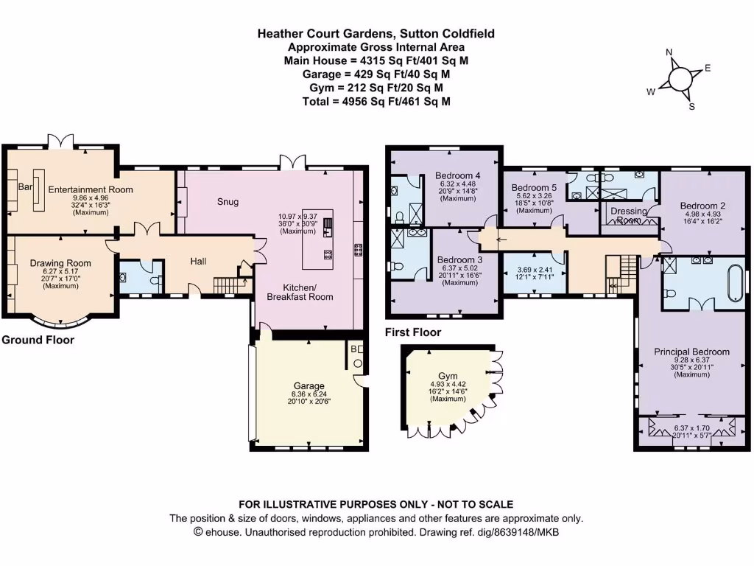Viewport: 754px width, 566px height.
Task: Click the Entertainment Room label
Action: [91, 189]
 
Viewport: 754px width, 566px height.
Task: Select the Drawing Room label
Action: [60, 263]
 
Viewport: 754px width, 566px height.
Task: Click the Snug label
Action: [228, 201]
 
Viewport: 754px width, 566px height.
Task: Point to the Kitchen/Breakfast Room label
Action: [308, 292]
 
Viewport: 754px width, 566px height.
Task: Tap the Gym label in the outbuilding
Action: [448, 376]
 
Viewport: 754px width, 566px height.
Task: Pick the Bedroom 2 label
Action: [703, 206]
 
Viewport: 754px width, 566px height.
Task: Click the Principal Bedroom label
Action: [691, 352]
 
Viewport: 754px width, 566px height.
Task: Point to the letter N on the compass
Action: [669, 53]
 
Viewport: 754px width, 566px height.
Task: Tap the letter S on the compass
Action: [691, 106]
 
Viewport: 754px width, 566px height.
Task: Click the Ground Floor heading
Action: [38, 340]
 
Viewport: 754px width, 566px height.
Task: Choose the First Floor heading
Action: [413, 332]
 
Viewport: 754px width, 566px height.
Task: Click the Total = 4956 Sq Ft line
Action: [376, 102]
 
